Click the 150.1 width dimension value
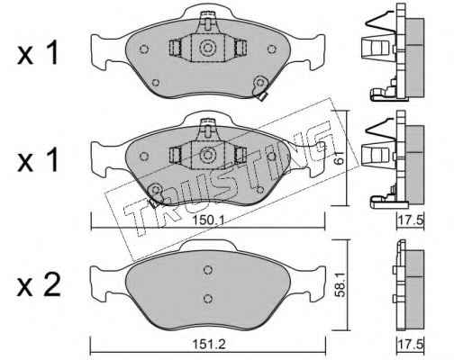[208, 220]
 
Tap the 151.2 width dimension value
[208, 344]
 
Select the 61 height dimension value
[339, 157]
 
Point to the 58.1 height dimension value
[340, 285]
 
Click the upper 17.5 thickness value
[411, 220]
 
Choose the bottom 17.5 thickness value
[411, 344]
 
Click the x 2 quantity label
[39, 285]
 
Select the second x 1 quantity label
[37, 160]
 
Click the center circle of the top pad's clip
[207, 48]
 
